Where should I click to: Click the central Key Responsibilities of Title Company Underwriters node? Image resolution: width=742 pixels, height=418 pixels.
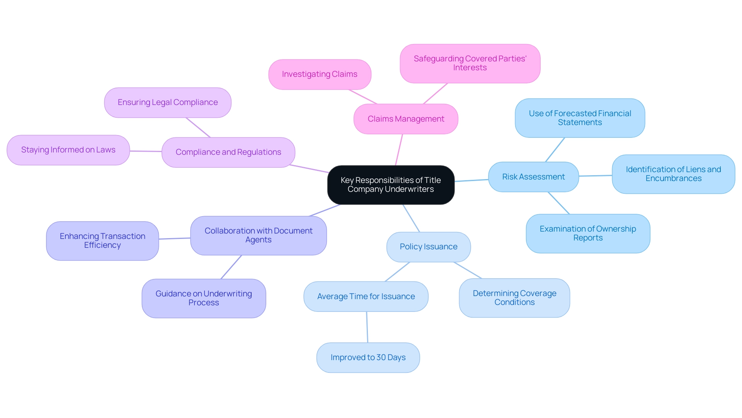391,185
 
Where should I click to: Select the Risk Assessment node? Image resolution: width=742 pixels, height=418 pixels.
533,177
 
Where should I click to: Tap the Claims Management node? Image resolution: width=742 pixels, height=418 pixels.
406,119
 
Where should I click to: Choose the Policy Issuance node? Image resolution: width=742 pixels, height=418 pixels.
429,247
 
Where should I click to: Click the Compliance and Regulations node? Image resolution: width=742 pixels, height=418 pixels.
228,152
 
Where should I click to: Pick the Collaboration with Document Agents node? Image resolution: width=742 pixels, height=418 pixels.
259,235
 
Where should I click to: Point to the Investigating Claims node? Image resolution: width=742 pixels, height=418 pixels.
320,74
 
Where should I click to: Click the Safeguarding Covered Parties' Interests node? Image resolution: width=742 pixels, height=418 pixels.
470,63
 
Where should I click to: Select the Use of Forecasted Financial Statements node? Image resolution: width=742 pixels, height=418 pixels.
580,118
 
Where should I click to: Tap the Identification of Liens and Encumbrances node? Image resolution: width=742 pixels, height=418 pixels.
673,174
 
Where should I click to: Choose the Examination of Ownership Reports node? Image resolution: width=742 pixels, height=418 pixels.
588,234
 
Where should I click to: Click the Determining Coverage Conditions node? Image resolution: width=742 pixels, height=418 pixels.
514,298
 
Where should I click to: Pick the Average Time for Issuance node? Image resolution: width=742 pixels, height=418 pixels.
366,296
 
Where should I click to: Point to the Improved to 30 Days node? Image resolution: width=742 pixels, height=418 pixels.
368,357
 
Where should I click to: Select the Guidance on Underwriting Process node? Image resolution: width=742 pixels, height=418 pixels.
204,298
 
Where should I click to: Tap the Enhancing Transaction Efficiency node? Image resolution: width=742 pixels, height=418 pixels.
102,241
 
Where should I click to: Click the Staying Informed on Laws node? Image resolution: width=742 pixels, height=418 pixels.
68,150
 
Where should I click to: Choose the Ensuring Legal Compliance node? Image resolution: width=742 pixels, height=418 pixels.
168,102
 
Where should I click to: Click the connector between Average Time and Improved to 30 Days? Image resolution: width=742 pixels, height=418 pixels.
367,327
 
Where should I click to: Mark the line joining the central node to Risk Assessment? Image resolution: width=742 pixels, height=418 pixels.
471,180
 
